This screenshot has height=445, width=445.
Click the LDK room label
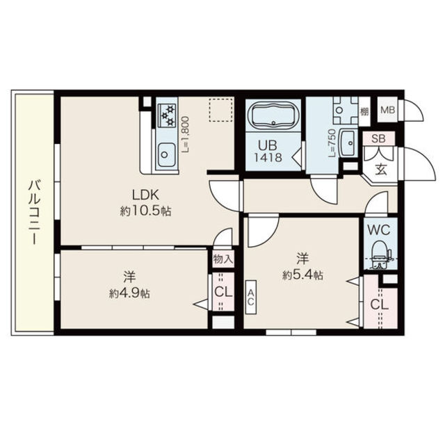click(x=145, y=195)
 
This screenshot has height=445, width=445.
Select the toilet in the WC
click(x=382, y=254)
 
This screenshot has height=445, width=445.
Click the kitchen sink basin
click(x=167, y=155)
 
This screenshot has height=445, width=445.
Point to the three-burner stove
click(x=167, y=115)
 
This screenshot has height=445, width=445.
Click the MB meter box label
click(x=388, y=110)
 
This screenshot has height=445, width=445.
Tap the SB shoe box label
click(x=378, y=139)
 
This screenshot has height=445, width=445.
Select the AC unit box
click(x=251, y=297)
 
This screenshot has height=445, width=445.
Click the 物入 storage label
click(x=224, y=259)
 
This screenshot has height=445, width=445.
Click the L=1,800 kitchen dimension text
click(x=186, y=134)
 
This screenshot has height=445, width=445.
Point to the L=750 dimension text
click(x=332, y=143)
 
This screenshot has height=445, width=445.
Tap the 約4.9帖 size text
click(x=130, y=293)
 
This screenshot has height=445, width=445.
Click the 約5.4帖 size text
click(x=302, y=275)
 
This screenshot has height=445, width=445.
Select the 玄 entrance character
click(x=381, y=170)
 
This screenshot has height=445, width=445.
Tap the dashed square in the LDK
click(x=220, y=110)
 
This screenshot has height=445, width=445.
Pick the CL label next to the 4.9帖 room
click(x=223, y=292)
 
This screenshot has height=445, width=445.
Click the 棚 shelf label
click(x=364, y=112)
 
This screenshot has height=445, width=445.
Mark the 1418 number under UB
click(x=268, y=158)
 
